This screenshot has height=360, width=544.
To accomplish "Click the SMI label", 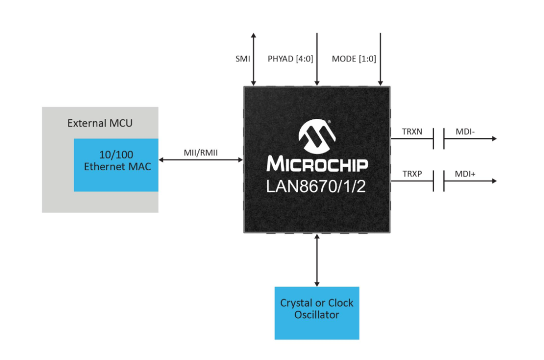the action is point(242,59).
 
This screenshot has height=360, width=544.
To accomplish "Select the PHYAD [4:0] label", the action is point(291,59).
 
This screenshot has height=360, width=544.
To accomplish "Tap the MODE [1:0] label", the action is point(354,59).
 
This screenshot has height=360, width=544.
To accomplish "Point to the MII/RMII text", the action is point(201,153).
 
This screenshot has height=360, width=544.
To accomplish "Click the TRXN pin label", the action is point(412,132).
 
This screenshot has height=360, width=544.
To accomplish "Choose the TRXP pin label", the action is point(412,174).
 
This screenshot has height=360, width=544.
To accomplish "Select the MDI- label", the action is point(465,132).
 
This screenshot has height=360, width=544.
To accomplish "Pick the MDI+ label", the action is point(465,174).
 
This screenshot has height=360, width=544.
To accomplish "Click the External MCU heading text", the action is point(100,123).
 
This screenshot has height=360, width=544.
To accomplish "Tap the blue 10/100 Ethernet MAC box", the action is point(116,165).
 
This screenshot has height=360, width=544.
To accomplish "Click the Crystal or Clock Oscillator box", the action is point(317,313).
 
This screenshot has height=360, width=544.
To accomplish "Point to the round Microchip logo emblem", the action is point(317,136).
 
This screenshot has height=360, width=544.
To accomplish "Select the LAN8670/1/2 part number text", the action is point(316,186).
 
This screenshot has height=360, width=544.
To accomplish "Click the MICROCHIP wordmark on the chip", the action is point(317,164).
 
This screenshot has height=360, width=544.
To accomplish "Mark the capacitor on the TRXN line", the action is point(439,139).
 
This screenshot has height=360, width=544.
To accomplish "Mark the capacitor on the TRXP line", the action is point(439,181).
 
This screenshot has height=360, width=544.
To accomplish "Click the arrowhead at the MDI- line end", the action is point(495,139).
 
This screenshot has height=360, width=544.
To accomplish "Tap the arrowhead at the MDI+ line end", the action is point(495,181).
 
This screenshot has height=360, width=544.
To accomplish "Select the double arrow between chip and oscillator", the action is point(317,260).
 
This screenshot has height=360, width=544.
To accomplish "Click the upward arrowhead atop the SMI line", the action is point(253,35).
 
